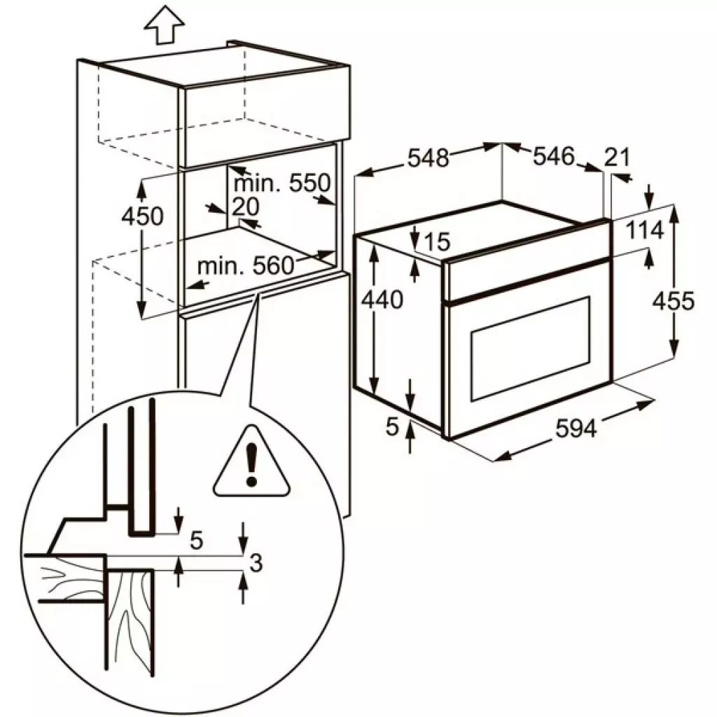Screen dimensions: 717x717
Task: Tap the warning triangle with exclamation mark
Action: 251,465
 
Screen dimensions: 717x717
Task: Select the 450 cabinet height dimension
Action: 142,216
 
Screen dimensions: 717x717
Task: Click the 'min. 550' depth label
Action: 281,184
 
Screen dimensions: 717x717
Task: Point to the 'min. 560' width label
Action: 244,266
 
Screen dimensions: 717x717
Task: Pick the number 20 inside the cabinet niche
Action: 247,207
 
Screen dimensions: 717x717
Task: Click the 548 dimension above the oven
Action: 429,158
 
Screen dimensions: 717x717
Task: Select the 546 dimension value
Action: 554,157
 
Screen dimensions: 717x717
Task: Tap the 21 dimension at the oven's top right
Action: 617,158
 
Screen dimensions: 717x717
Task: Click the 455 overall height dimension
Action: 673,301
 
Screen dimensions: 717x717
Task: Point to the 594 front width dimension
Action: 576,429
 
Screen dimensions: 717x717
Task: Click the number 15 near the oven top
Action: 436,242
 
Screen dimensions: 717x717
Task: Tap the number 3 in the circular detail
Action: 256,562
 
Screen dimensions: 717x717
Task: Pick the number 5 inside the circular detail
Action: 197,541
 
